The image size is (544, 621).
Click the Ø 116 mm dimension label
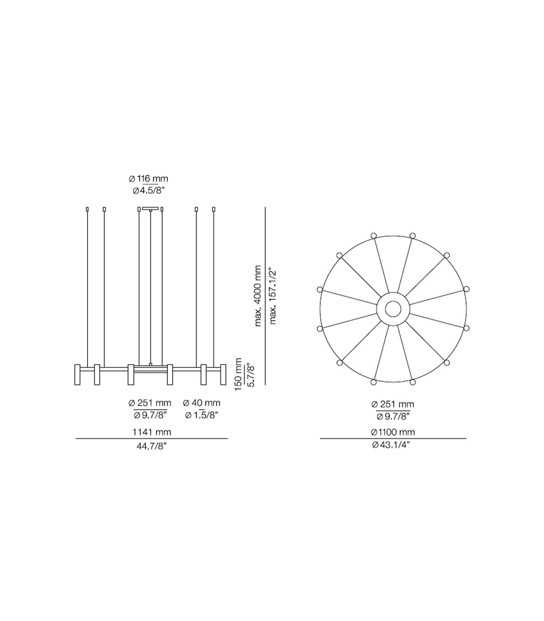pos(148,179)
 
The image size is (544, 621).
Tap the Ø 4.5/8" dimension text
pos(148,191)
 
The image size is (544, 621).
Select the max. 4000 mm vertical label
pos(258,296)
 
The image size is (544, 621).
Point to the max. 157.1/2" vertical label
pos(273,296)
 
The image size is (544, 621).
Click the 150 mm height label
pos(239,374)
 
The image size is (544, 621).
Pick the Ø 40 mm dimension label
pos(201,403)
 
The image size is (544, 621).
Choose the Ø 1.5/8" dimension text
pos(201,415)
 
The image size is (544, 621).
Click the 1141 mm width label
pos(151,432)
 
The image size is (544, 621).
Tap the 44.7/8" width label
pos(151,446)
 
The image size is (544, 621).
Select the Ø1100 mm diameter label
pos(393,432)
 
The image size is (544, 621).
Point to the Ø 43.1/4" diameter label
pos(393,445)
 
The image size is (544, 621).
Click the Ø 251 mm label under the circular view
pos(393,404)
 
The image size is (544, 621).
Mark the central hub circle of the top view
pos(393,309)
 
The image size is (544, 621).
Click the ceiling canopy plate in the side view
pos(150,208)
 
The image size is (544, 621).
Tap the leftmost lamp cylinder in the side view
pos(78,374)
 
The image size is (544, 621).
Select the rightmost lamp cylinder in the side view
pos(223,374)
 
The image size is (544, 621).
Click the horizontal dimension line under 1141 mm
pos(151,439)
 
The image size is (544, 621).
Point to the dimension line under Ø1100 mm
pos(393,439)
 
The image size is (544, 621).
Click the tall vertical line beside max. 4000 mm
pos(265,296)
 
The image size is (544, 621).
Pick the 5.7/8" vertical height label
pos(251,374)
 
